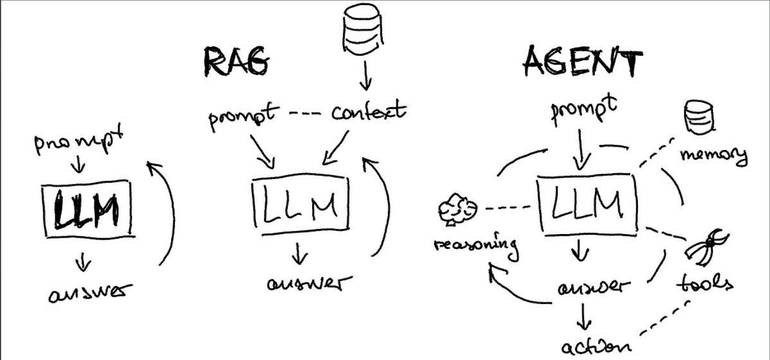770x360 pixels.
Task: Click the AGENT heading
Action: [583, 62]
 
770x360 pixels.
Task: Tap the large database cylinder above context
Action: [363, 29]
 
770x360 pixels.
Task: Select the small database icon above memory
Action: [699, 117]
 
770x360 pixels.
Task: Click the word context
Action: [369, 111]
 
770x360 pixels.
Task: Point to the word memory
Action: [714, 156]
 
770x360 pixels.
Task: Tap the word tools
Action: [705, 283]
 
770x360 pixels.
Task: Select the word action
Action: [596, 347]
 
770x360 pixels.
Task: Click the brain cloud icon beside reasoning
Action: [457, 209]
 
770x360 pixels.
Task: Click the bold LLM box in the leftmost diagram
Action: [88, 209]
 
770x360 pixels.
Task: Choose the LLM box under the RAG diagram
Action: [301, 204]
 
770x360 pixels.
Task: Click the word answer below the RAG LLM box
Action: [309, 283]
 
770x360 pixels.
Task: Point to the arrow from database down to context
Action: [365, 76]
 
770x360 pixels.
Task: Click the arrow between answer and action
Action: [583, 317]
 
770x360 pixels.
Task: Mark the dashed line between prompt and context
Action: [306, 112]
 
